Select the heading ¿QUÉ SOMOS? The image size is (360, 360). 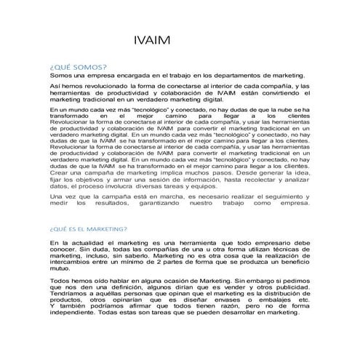[76, 65]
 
